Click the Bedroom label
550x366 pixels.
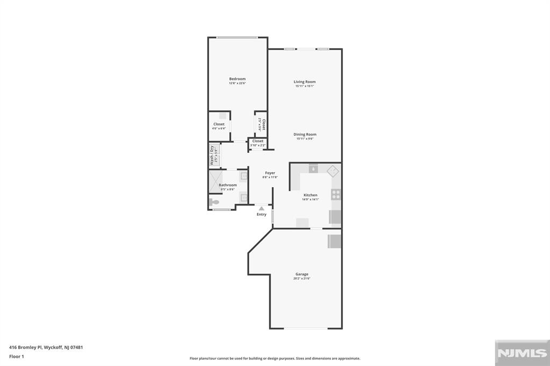click(x=237, y=79)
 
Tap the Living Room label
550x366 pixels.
click(x=305, y=82)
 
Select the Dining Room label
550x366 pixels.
click(x=305, y=134)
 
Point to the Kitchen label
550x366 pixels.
click(x=310, y=195)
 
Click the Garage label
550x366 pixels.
click(x=302, y=274)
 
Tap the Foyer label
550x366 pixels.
click(x=270, y=173)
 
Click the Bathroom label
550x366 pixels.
click(x=228, y=185)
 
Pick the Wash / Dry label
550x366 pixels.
click(x=212, y=155)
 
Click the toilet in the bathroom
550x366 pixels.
click(x=214, y=202)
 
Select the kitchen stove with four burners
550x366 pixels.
click(x=336, y=194)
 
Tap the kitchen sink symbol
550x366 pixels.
click(x=313, y=169)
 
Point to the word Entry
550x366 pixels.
click(x=262, y=214)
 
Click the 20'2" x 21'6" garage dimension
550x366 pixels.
click(x=302, y=279)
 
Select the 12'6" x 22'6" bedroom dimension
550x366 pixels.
click(x=237, y=83)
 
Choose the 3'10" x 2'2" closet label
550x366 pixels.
click(x=258, y=145)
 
